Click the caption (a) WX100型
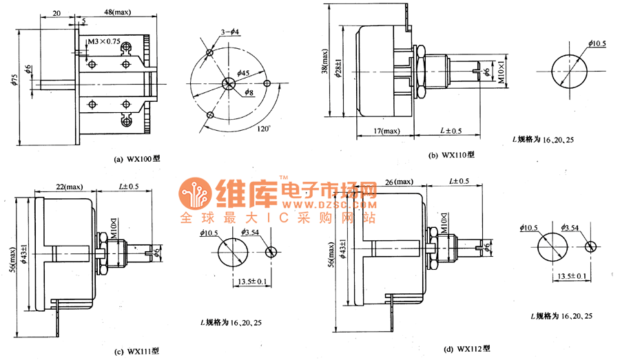coord(136,160)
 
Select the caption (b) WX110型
coord(452,156)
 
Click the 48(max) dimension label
coord(118,12)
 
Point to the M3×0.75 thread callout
coord(104,42)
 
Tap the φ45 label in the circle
coord(243,73)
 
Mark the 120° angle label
coord(263,128)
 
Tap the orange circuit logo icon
coord(196,198)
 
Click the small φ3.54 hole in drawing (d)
coord(590,246)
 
